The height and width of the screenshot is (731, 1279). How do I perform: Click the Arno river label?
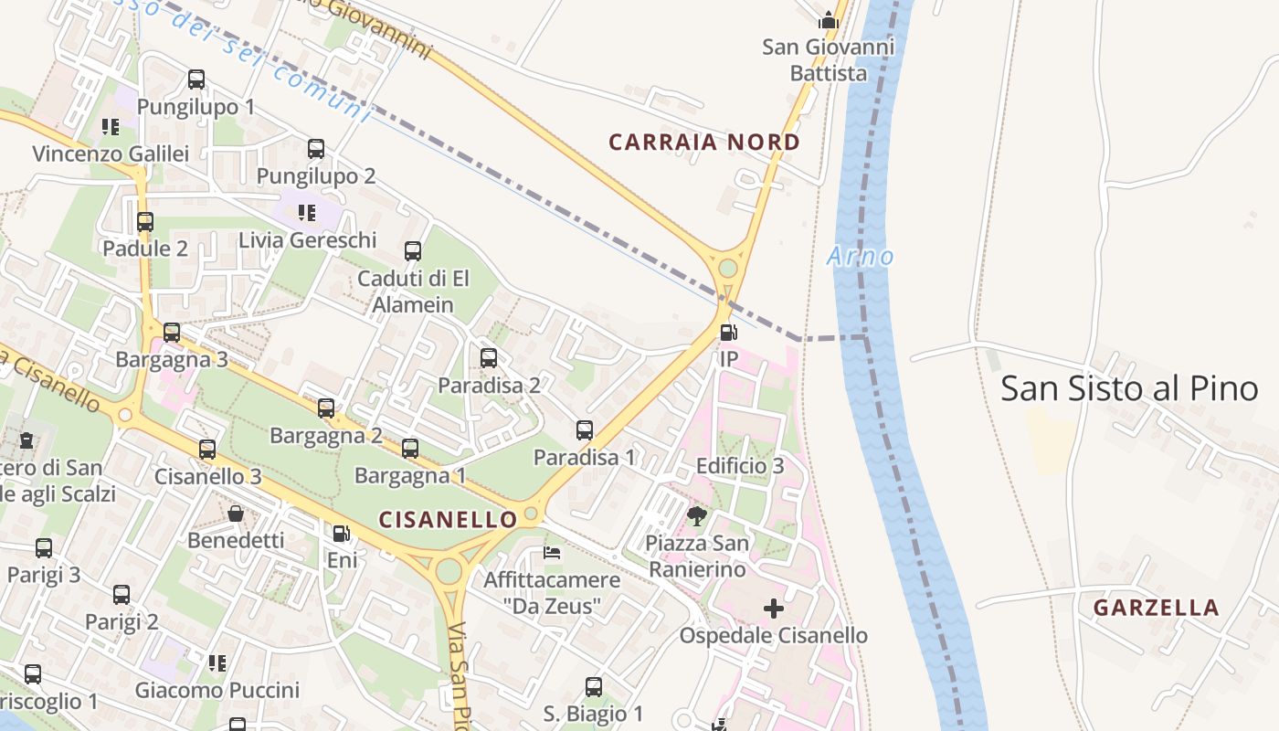pos(861,257)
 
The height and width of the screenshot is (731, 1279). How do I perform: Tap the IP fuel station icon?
pos(728,333)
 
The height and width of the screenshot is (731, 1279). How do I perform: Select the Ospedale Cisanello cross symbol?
pos(774,609)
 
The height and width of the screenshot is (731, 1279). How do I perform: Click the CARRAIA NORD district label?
pos(704,143)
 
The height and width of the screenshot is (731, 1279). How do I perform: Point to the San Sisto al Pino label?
pos(1129,388)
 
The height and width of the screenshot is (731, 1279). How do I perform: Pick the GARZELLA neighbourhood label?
pos(1156,608)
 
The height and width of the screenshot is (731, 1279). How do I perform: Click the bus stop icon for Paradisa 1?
pos(585,429)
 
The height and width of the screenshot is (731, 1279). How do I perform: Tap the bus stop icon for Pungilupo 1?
pos(196,79)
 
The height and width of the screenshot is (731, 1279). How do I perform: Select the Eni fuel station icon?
pos(341,533)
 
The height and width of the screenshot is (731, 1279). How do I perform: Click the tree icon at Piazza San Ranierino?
pos(697,516)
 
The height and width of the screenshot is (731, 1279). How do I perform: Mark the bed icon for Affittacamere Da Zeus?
pos(552,552)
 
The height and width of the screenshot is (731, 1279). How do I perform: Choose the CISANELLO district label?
pos(448,520)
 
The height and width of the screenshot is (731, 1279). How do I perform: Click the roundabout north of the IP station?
pos(728,269)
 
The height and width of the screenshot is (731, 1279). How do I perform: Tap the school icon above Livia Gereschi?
pos(307,213)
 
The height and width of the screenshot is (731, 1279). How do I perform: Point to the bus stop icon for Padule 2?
pos(145,221)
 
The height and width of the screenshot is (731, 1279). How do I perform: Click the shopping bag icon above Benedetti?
pos(236,513)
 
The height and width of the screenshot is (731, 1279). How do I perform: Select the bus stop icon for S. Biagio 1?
pos(594,686)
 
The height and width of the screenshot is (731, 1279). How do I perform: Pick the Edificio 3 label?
pos(740,466)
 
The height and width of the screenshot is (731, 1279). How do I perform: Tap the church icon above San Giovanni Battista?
pos(829,19)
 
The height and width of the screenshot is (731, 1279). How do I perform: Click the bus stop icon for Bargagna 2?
pos(326,408)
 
